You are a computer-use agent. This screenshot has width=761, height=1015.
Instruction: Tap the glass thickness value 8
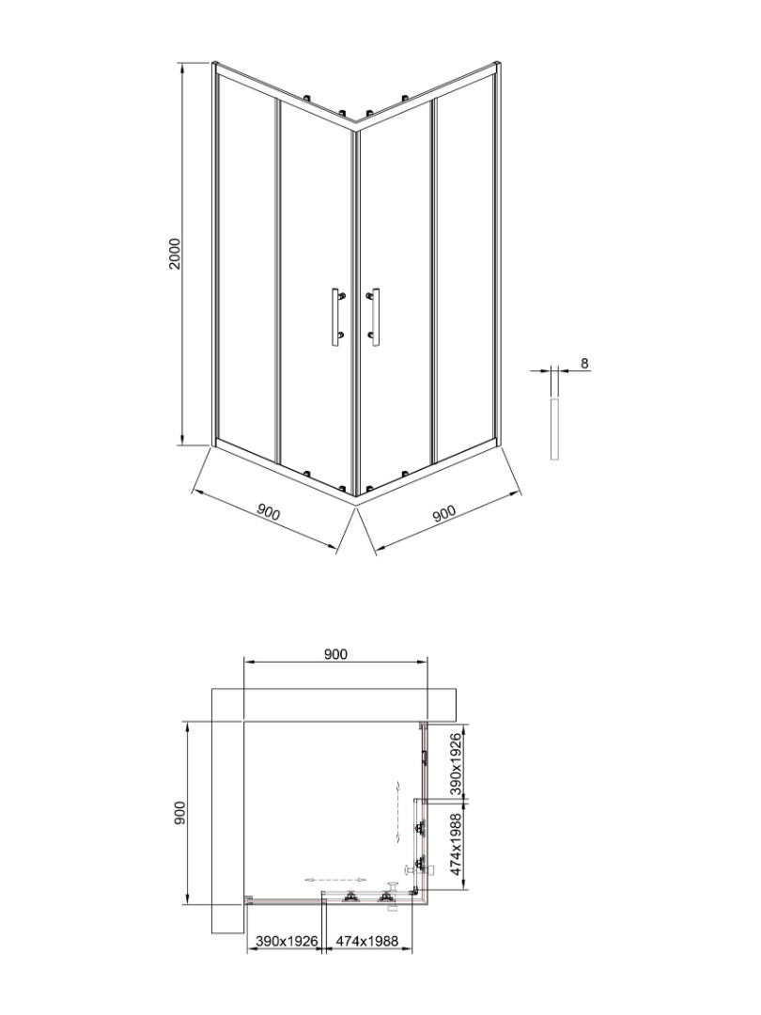pos(584,363)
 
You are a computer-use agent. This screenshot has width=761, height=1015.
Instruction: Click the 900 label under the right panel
pos(443,513)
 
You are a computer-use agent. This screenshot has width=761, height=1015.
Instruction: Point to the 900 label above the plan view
pos(335,654)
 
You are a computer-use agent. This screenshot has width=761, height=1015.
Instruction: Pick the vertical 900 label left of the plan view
pos(179,812)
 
